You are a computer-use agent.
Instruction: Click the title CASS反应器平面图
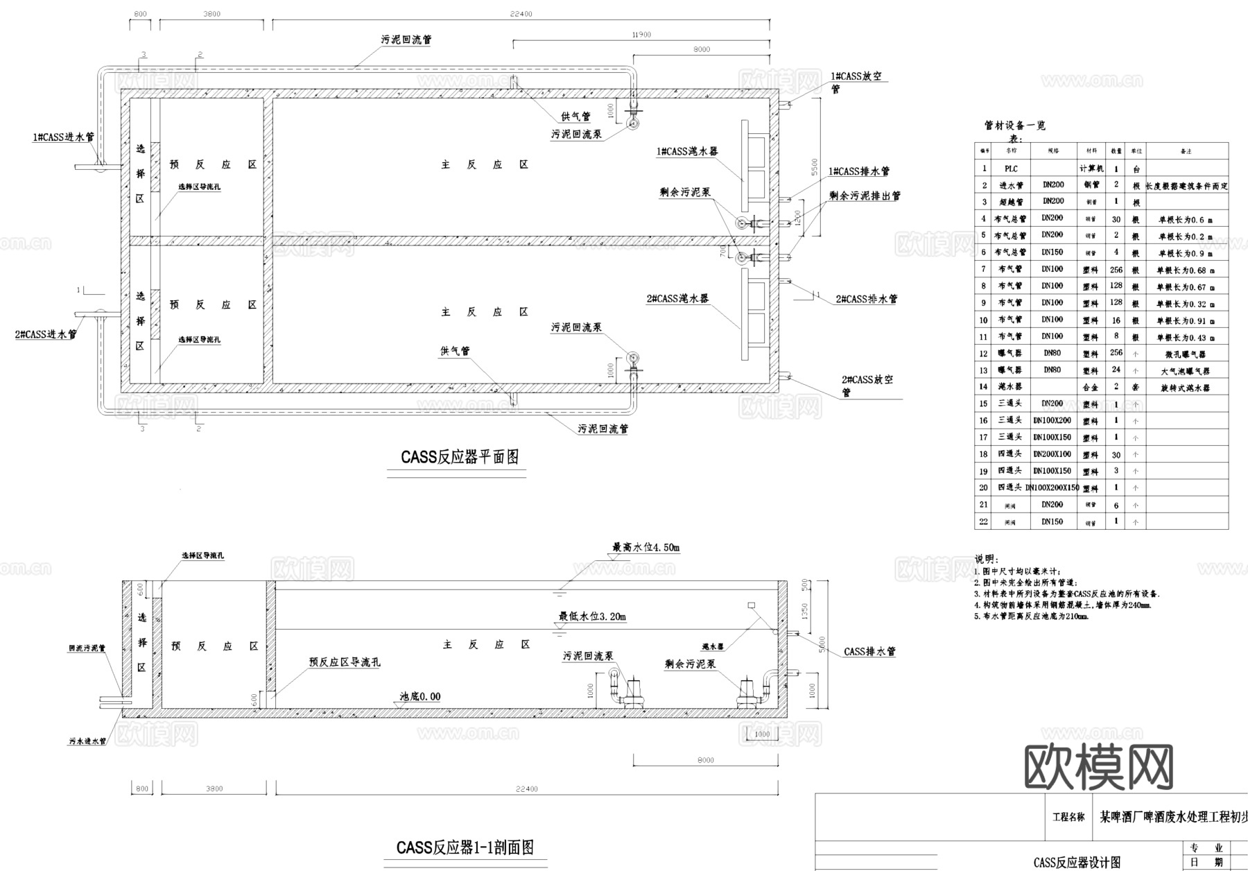pyautogui.click(x=459, y=458)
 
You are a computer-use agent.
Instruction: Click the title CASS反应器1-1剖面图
pyautogui.click(x=465, y=847)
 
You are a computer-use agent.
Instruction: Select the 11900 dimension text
pyautogui.click(x=641, y=35)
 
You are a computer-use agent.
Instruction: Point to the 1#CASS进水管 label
pyautogui.click(x=63, y=137)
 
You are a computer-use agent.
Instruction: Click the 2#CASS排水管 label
pyautogui.click(x=866, y=299)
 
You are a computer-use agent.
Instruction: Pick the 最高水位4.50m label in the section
pyautogui.click(x=645, y=547)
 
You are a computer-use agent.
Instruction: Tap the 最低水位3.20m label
pyautogui.click(x=592, y=616)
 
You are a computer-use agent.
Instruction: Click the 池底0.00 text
pyautogui.click(x=419, y=696)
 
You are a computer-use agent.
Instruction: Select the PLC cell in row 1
pyautogui.click(x=1010, y=169)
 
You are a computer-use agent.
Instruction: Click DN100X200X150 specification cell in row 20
pyautogui.click(x=1052, y=488)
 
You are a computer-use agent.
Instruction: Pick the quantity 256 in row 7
pyautogui.click(x=1116, y=270)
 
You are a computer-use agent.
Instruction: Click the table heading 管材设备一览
pyautogui.click(x=1014, y=126)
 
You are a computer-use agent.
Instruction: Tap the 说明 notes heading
pyautogui.click(x=986, y=559)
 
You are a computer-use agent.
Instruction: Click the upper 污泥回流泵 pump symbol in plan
pyautogui.click(x=634, y=123)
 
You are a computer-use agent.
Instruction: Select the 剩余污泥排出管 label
pyautogui.click(x=865, y=196)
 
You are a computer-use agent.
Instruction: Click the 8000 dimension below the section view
pyautogui.click(x=705, y=760)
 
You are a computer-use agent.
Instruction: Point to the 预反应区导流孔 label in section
pyautogui.click(x=345, y=662)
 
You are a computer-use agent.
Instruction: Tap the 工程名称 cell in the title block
pyautogui.click(x=1068, y=818)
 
